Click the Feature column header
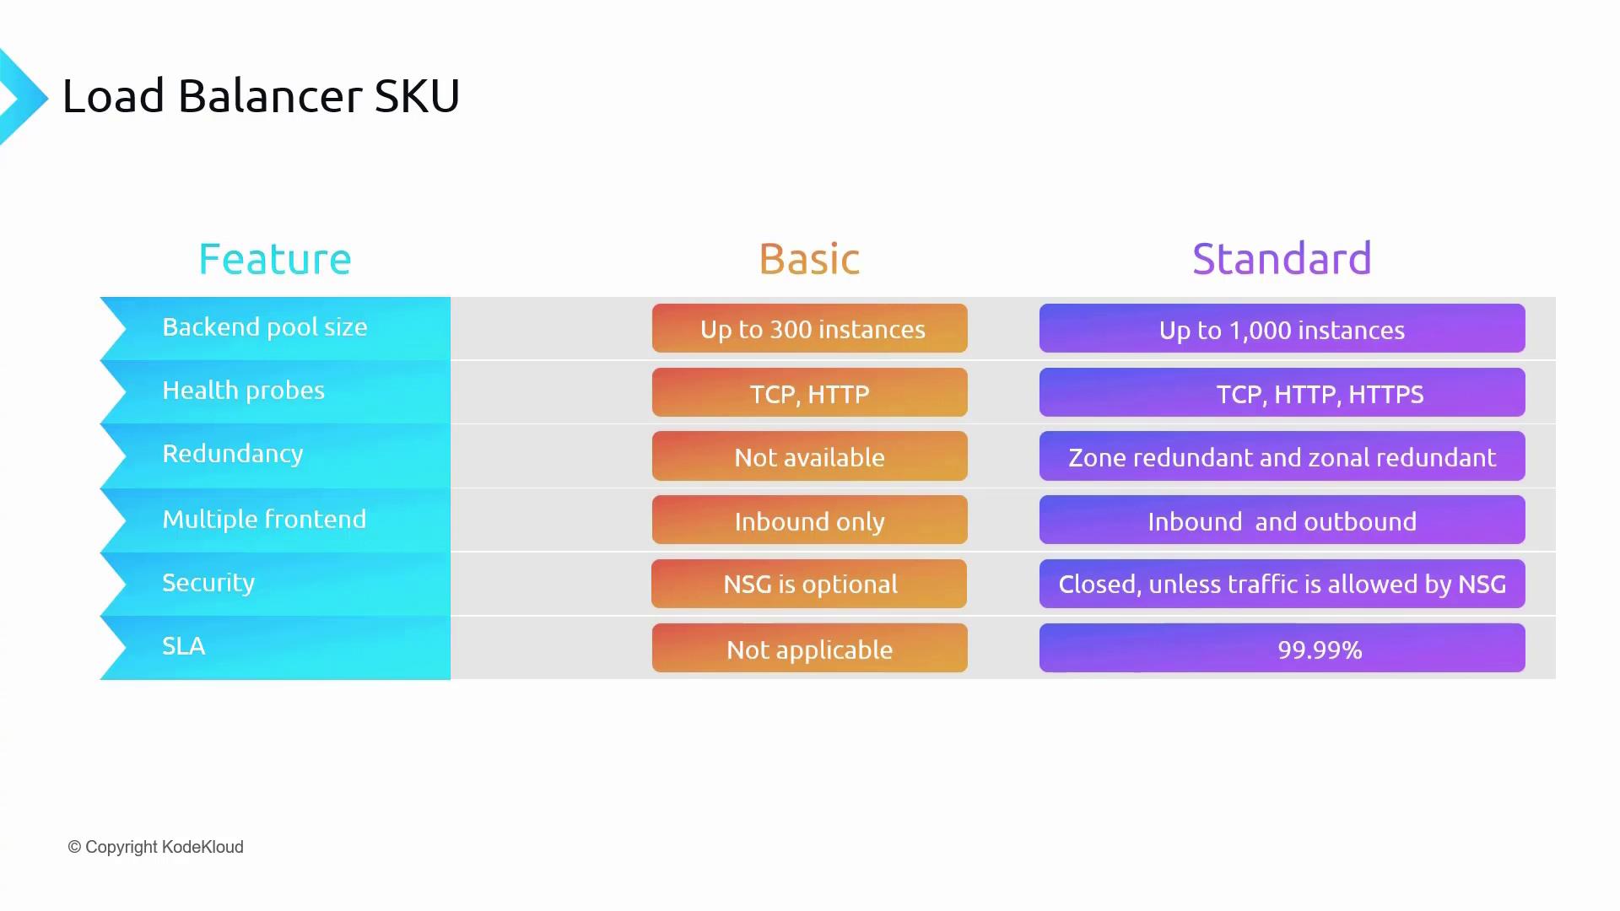point(274,259)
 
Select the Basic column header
point(809,259)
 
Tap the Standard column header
point(1282,259)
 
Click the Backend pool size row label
point(265,327)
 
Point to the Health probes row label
point(243,391)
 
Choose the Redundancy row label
point(232,454)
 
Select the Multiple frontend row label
point(264,519)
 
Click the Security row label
point(208,583)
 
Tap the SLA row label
point(183,646)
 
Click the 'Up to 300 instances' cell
point(810,328)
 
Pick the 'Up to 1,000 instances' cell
point(1282,328)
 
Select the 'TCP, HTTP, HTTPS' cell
point(1282,392)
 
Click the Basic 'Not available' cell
point(810,456)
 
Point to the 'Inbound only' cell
point(810,520)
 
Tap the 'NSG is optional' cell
point(809,584)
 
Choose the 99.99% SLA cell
point(1282,648)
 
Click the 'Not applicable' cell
point(810,648)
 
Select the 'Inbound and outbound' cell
point(1282,520)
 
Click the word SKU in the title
point(417,95)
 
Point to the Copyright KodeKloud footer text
point(155,847)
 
